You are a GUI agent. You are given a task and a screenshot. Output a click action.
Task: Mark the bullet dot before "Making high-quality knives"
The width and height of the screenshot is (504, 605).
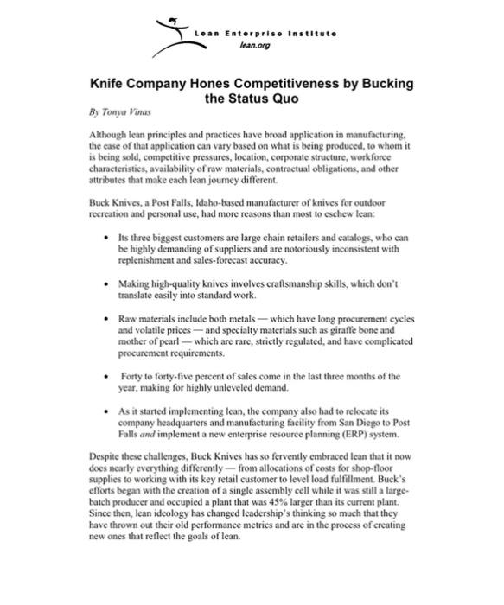pyautogui.click(x=104, y=283)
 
